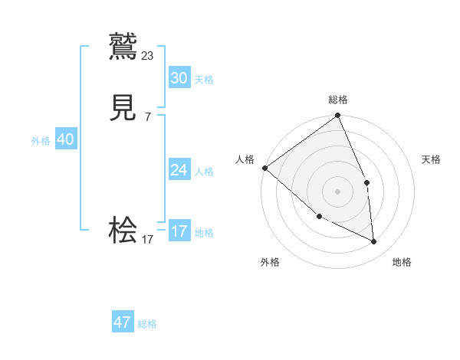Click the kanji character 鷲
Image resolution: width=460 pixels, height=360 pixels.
tap(123, 47)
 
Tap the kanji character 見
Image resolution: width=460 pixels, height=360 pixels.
tap(123, 108)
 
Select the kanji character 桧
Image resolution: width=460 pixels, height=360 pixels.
tap(123, 230)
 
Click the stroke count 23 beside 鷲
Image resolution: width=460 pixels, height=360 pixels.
tap(148, 55)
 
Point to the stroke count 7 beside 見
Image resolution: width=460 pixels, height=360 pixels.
tap(148, 116)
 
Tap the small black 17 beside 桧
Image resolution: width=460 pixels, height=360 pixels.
tap(148, 239)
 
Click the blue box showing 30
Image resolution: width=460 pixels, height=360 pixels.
tap(179, 78)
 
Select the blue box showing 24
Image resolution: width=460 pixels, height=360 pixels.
tap(179, 170)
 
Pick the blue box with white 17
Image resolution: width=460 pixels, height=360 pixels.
tap(179, 231)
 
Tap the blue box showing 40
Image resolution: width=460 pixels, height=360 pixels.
tap(66, 139)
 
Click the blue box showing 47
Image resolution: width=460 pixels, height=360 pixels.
tap(123, 323)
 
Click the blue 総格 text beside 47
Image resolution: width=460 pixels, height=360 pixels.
tap(147, 324)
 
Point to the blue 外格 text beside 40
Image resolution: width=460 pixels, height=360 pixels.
tap(41, 140)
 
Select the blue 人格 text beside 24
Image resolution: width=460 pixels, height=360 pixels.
tap(204, 171)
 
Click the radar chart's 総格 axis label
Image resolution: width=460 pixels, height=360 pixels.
tap(338, 100)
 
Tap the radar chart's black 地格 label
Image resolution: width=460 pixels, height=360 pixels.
tap(402, 262)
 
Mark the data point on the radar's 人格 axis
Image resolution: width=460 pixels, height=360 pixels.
tap(264, 168)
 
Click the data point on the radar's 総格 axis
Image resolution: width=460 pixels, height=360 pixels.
tap(338, 116)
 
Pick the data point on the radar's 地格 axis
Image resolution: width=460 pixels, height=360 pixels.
tap(374, 241)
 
